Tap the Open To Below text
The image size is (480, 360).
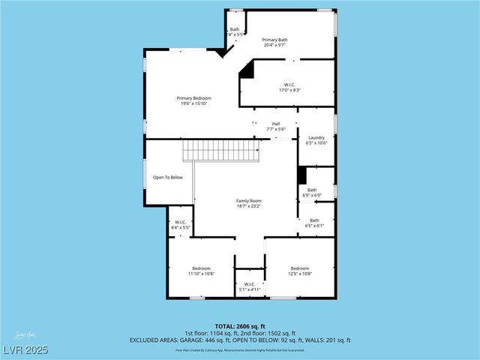coord(168,178)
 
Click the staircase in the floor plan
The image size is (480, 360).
coord(222,151)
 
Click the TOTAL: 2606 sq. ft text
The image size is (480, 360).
coord(239,326)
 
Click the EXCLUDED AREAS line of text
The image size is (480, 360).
coord(239,340)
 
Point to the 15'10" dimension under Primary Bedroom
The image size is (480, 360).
coord(202,103)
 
